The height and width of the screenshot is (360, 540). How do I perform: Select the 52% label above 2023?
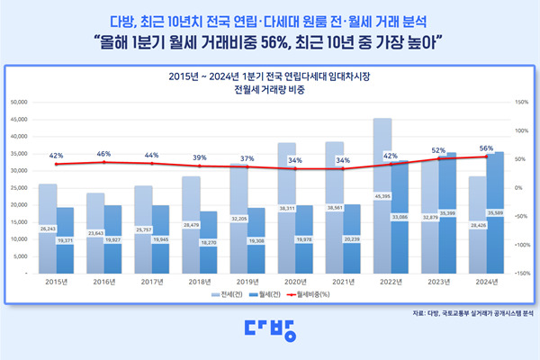(438, 150)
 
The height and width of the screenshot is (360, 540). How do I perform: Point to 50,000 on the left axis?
(21, 102)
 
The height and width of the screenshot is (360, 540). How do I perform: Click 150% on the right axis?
(522, 102)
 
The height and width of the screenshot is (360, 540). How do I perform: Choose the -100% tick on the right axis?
(521, 244)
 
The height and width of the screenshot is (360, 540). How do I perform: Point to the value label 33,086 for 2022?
(400, 217)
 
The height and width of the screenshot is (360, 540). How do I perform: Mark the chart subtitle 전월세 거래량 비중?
(269, 91)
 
